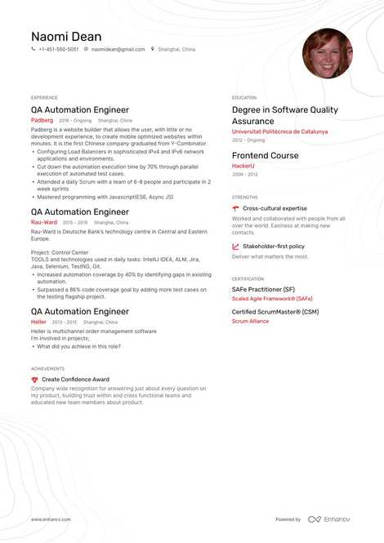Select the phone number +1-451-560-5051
(59, 50)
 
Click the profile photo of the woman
(327, 53)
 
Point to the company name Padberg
(42, 120)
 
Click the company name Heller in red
(38, 322)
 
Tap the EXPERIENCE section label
(44, 97)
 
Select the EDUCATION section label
(244, 97)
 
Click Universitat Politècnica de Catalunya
(279, 131)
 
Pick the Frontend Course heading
(265, 155)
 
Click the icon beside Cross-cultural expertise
(235, 209)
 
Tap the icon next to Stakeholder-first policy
(235, 246)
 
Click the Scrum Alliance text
(250, 321)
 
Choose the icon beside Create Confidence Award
(34, 380)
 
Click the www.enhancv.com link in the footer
(51, 519)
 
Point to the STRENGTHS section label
(245, 197)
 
